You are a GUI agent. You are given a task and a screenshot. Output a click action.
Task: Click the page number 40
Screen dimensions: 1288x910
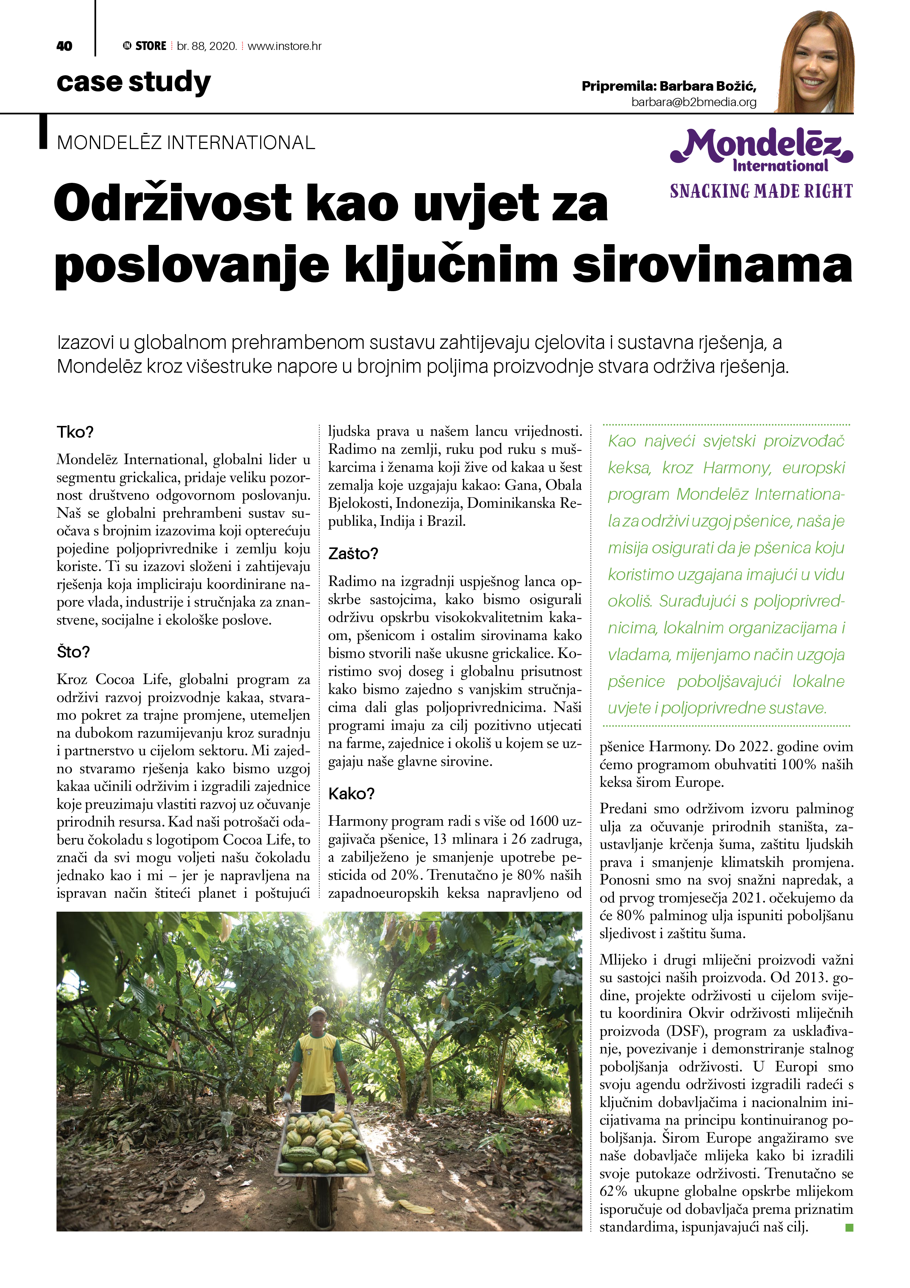pyautogui.click(x=65, y=46)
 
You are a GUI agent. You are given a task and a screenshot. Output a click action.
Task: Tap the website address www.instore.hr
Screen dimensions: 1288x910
pyautogui.click(x=284, y=46)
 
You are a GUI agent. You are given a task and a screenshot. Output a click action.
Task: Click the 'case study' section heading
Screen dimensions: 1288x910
pyautogui.click(x=134, y=82)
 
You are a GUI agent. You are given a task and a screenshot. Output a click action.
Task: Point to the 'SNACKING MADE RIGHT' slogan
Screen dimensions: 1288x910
pyautogui.click(x=761, y=191)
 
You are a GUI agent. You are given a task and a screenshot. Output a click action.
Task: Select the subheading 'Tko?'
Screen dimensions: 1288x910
pyautogui.click(x=75, y=433)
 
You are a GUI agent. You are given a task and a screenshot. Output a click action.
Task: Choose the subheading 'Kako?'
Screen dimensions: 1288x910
pyautogui.click(x=352, y=794)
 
